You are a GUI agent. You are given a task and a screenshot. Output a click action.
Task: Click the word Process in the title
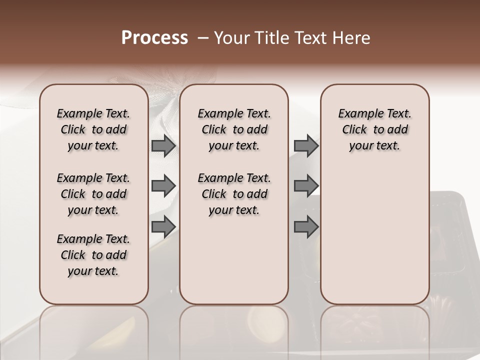154,38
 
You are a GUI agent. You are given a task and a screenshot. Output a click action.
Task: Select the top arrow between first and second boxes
163,145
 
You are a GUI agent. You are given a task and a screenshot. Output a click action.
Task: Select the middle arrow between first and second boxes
163,185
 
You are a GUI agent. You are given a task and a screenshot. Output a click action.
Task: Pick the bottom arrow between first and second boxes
163,226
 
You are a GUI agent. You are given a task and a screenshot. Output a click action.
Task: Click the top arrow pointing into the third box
306,145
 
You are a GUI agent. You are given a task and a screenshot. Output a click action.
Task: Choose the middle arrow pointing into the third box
306,185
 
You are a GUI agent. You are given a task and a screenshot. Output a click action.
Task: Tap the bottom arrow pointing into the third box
306,226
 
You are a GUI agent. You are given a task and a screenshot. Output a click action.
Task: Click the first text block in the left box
93,129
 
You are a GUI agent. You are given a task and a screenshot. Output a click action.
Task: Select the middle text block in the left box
93,194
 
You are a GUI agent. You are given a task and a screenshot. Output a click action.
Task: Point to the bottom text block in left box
93,255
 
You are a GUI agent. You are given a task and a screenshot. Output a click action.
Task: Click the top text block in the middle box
234,129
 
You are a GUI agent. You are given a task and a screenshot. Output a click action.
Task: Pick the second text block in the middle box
234,194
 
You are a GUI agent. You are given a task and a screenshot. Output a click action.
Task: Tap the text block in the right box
374,129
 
